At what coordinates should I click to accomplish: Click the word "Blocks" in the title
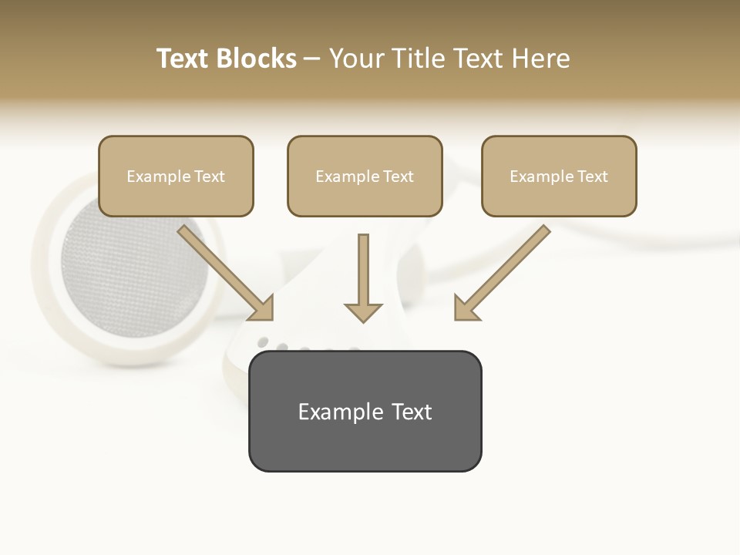(x=256, y=59)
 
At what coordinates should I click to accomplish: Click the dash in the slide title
(x=312, y=59)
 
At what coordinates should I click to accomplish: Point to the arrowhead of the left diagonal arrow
(x=262, y=308)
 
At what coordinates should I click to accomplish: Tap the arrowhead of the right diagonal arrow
(x=465, y=308)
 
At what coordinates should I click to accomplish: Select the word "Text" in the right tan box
(x=592, y=177)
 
